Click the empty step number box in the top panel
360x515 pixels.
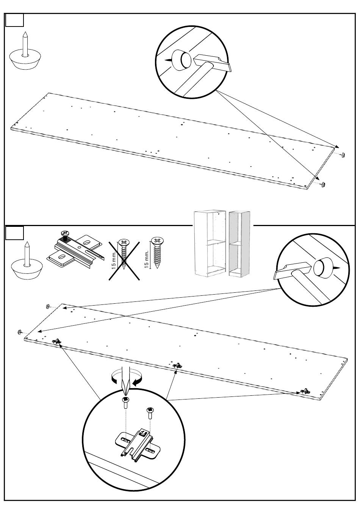(x=14, y=20)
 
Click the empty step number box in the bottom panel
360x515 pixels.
(x=14, y=233)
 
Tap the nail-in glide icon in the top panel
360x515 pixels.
(x=25, y=51)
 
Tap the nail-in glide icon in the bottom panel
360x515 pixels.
(x=27, y=261)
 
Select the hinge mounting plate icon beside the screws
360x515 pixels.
(x=75, y=250)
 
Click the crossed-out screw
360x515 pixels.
(x=124, y=254)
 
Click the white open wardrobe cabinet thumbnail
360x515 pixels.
(x=210, y=243)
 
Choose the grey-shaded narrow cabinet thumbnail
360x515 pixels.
(x=239, y=244)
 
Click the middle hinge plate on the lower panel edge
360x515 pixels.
(x=177, y=365)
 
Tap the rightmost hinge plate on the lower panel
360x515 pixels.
(x=305, y=391)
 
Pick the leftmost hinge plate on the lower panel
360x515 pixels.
(x=56, y=341)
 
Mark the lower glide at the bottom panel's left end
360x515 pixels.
(x=19, y=332)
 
